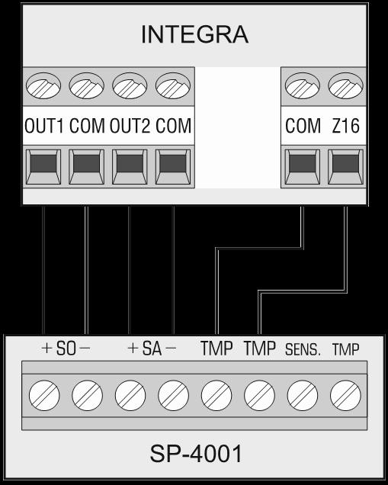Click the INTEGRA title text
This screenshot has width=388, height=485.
pos(194,34)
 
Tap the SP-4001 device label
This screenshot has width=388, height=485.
pos(196,454)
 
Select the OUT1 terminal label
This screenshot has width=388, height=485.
pos(44,126)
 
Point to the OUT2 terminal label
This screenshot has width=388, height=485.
pos(130,126)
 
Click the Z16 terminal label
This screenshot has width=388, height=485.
pos(346,126)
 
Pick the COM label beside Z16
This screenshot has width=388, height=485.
pos(303,126)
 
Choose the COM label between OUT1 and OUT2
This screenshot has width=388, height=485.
pos(87,126)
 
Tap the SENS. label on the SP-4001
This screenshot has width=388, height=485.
pos(303,349)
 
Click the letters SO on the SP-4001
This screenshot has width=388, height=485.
pos(66,348)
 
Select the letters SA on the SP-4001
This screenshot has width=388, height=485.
pos(152,348)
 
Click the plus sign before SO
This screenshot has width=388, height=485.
pos(46,348)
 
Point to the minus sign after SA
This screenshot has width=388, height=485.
pos(171,348)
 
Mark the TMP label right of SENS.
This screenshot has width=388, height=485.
pos(346,349)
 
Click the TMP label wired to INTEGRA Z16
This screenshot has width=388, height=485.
pos(260,348)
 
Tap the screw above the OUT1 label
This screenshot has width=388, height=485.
pos(43,85)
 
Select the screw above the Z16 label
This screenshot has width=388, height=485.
pos(345,85)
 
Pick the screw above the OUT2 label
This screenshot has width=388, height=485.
pos(130,85)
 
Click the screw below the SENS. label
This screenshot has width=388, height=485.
pos(303,396)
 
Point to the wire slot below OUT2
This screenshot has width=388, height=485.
pos(130,167)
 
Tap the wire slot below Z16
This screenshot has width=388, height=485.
pos(345,167)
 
